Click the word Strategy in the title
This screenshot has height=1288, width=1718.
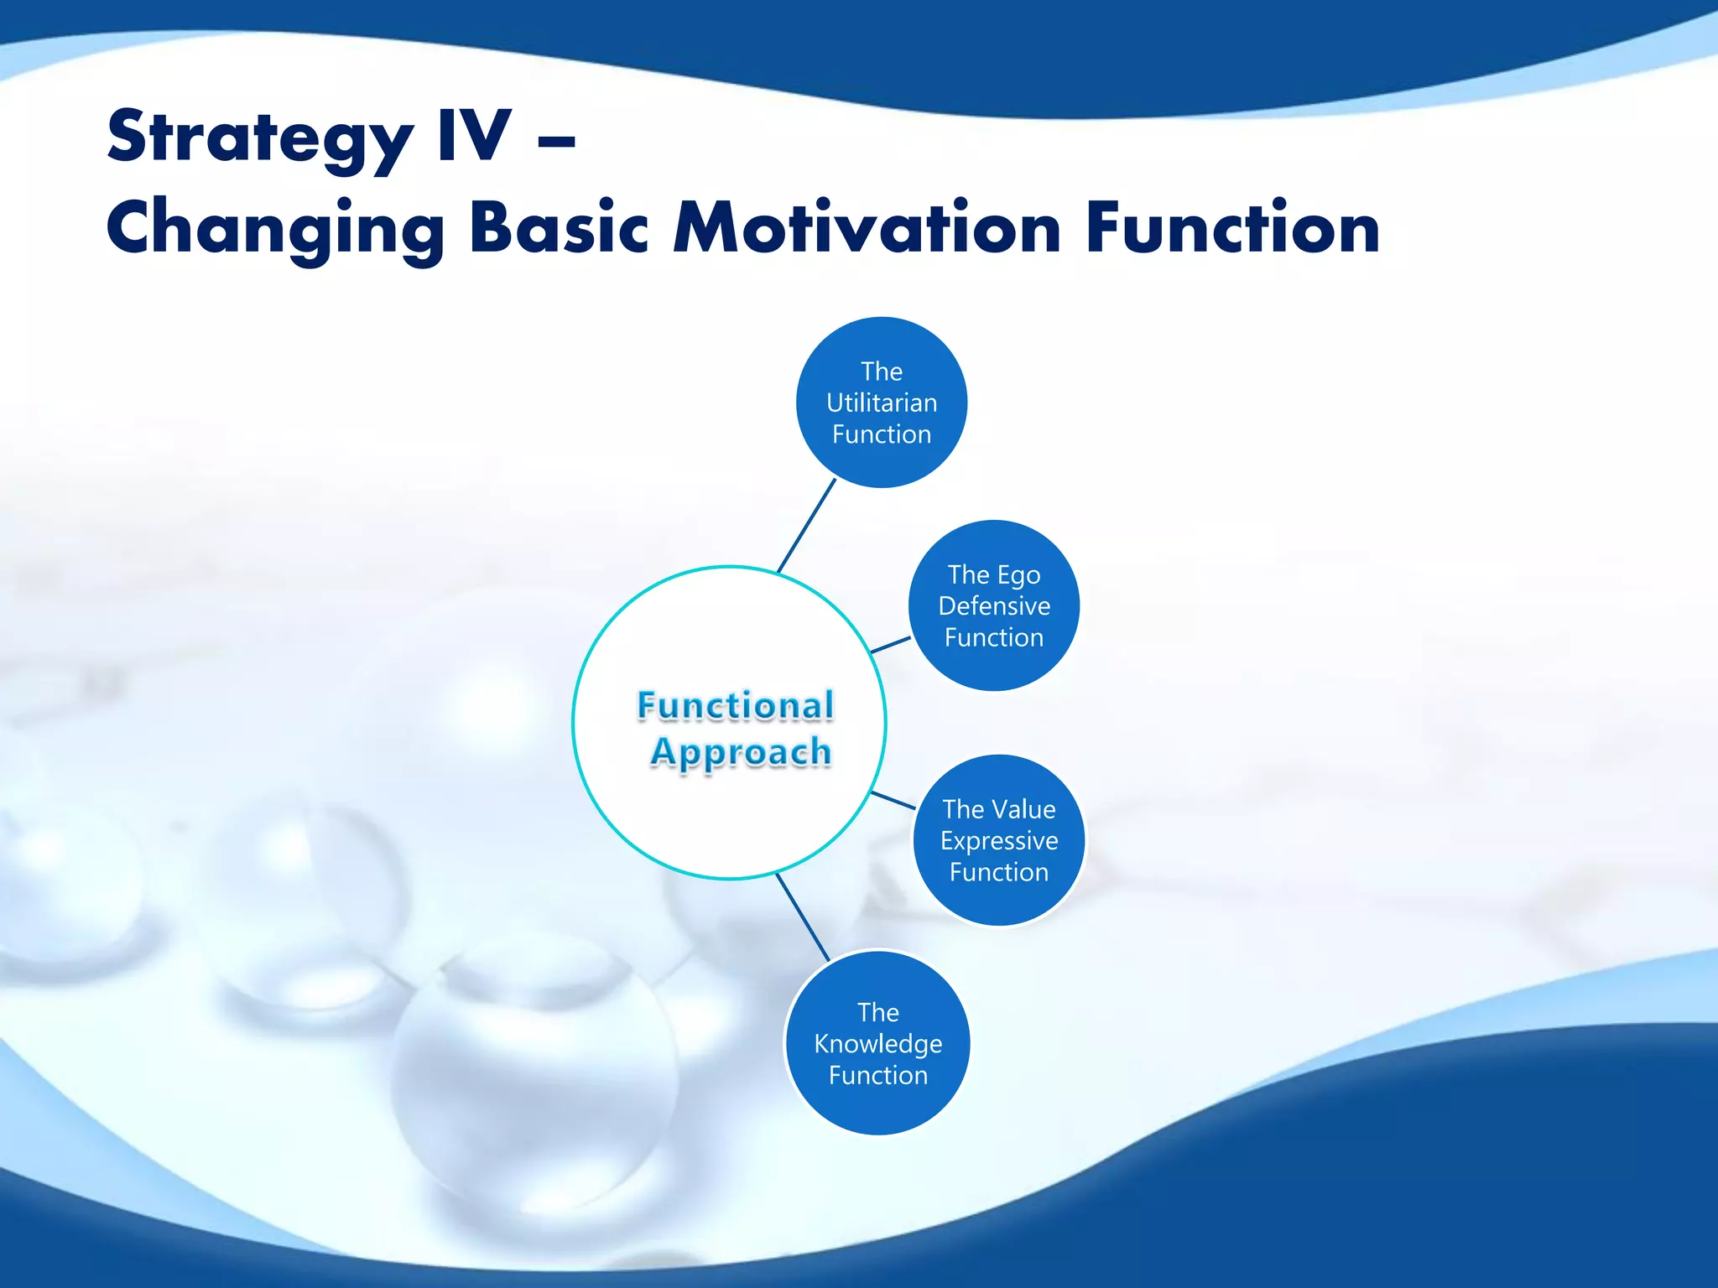click(x=260, y=138)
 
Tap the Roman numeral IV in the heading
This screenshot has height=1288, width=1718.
click(x=474, y=136)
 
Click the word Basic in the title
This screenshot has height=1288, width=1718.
click(x=559, y=228)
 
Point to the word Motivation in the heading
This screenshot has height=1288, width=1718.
click(x=867, y=228)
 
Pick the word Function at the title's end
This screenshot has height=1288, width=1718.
click(x=1232, y=228)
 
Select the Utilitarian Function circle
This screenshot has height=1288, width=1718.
click(x=881, y=402)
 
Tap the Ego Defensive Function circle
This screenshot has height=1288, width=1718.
click(x=994, y=605)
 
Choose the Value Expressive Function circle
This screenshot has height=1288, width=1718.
click(x=998, y=840)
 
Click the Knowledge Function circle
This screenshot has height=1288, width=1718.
click(x=877, y=1043)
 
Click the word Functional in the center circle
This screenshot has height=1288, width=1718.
click(x=735, y=706)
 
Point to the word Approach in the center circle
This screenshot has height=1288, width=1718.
click(x=740, y=752)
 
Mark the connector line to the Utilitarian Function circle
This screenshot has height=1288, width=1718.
click(x=807, y=526)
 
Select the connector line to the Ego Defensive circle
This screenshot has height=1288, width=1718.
click(x=891, y=644)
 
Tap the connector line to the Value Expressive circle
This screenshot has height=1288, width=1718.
click(x=893, y=800)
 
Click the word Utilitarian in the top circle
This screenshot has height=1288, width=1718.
click(x=881, y=403)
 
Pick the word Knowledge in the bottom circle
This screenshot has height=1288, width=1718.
click(x=877, y=1044)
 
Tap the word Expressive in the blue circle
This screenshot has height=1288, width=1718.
click(x=998, y=841)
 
